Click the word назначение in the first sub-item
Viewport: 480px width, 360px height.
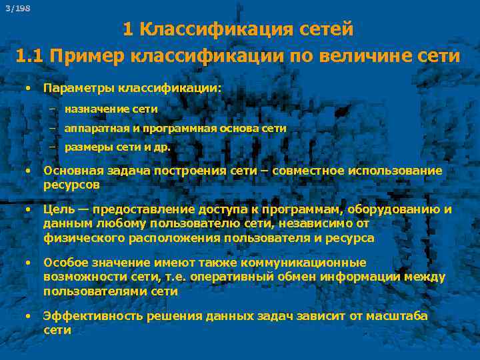(91, 108)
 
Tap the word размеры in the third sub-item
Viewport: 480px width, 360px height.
(85, 148)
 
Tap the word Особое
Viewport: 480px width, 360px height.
(63, 263)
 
